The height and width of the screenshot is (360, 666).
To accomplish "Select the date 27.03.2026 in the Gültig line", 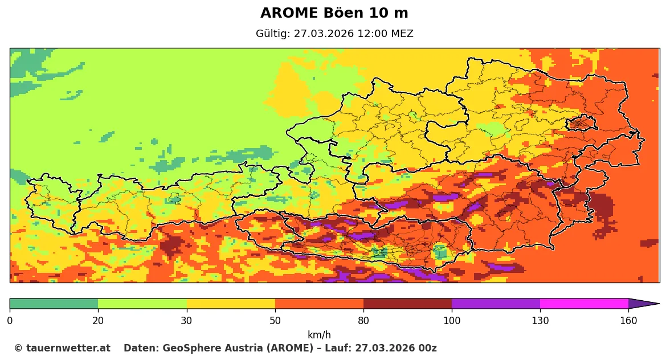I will (324, 34).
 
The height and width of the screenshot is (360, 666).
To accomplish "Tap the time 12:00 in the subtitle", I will (370, 34).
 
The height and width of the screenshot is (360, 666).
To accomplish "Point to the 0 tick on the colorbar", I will (10, 321).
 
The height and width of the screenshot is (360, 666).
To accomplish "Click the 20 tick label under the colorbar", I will (98, 321).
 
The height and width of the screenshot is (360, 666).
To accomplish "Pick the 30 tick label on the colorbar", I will (186, 321).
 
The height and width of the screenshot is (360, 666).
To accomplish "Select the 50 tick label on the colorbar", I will (275, 321).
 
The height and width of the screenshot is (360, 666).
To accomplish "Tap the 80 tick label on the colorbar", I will (363, 321).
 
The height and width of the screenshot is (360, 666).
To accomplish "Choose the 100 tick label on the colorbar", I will (452, 321).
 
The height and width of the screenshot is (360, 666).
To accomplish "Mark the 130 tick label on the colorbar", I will (540, 321).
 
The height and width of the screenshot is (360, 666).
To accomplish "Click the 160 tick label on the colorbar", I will (628, 321).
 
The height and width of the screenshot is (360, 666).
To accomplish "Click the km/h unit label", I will (319, 335).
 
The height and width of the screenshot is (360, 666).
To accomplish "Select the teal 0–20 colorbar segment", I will (54, 304).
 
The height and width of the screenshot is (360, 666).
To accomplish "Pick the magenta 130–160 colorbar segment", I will (584, 304).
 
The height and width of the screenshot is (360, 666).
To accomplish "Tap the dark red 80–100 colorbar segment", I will (407, 304).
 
